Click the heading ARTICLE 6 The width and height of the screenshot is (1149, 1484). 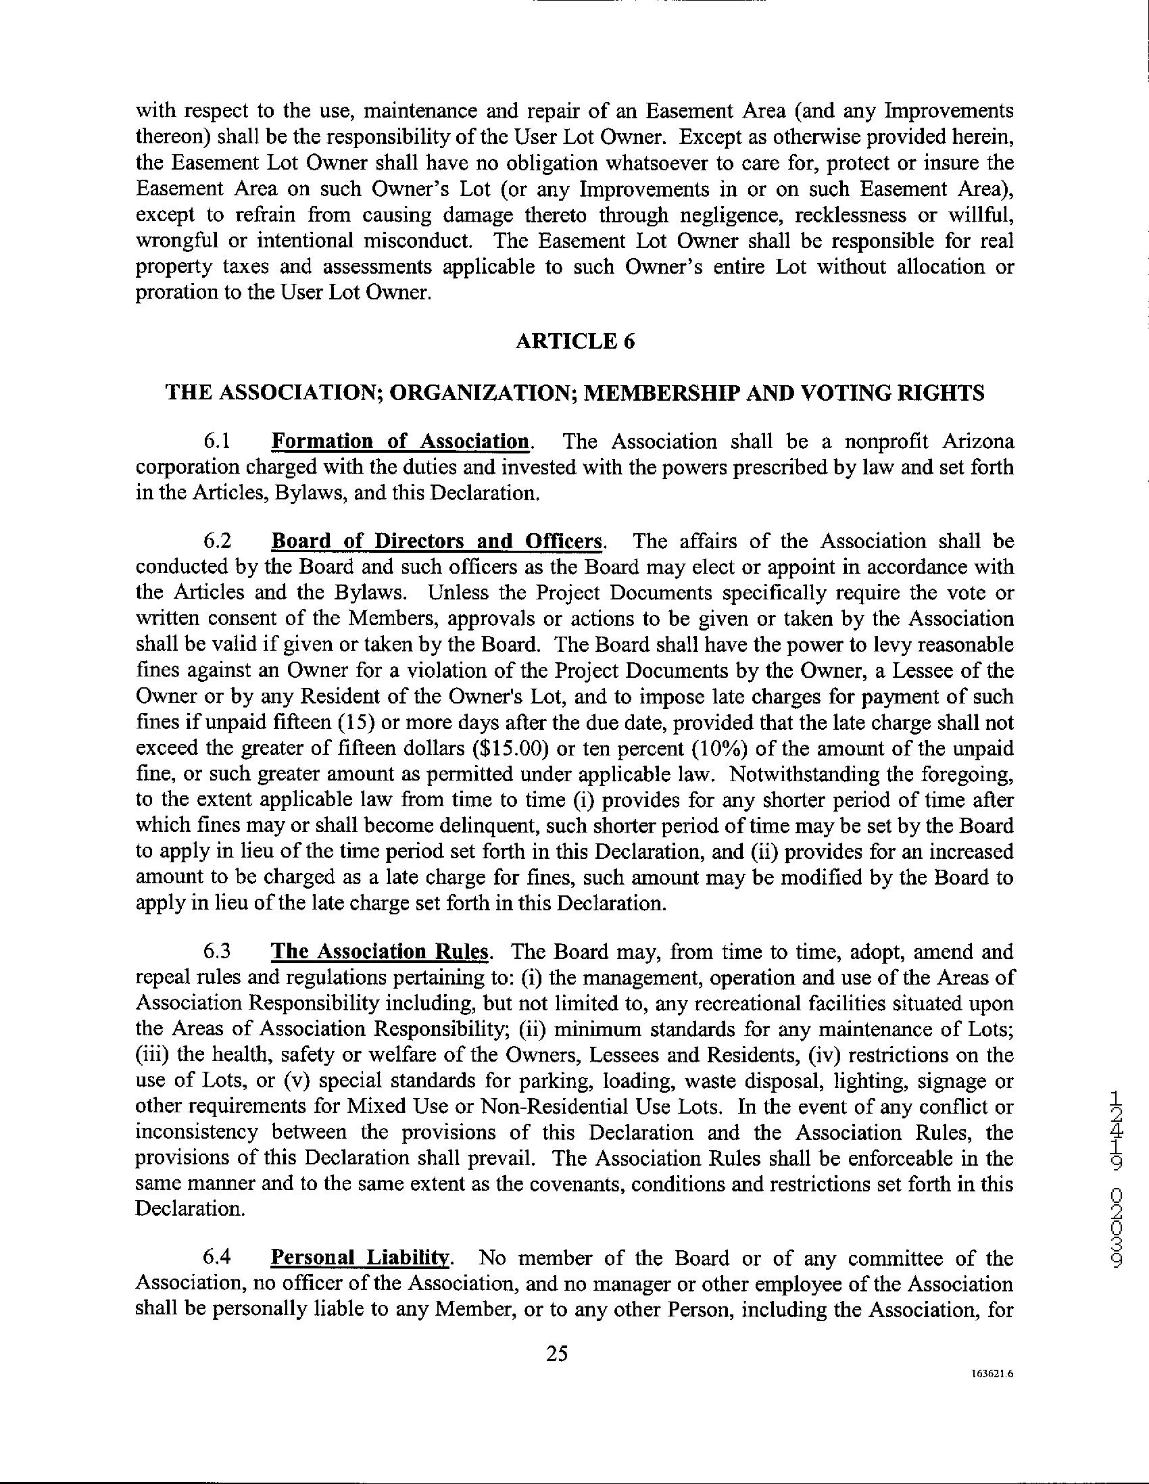(x=575, y=341)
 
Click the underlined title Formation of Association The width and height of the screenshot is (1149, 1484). (x=400, y=442)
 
